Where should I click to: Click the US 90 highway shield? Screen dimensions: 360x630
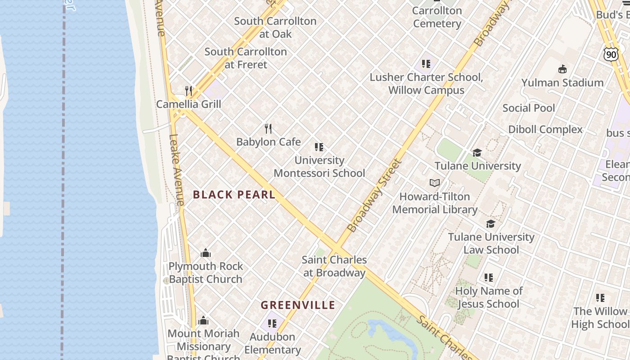click(611, 55)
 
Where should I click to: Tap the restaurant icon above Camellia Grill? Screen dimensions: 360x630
click(189, 91)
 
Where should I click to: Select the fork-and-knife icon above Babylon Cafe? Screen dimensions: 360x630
click(269, 129)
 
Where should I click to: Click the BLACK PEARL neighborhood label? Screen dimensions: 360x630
click(234, 195)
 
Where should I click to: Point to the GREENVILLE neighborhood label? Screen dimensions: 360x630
click(298, 305)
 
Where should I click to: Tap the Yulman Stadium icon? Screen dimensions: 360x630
click(562, 69)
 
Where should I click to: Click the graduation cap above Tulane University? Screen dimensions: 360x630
click(477, 153)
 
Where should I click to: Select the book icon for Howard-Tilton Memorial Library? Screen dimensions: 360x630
click(434, 183)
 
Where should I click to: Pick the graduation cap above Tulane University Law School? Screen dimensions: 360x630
click(490, 224)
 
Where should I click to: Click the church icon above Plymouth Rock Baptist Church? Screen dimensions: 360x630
click(206, 253)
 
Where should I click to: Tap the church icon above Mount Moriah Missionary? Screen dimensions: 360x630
click(203, 320)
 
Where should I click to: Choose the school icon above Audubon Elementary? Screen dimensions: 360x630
click(272, 323)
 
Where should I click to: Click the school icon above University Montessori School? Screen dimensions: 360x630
click(319, 147)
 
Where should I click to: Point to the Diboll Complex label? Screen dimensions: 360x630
click(545, 130)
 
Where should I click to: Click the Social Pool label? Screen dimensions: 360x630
click(529, 108)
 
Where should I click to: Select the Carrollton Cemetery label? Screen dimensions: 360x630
click(437, 17)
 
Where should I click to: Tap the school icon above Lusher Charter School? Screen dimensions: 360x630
click(426, 64)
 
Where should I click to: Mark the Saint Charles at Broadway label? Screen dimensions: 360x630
click(334, 266)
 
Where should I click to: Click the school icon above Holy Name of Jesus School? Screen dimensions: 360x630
click(489, 278)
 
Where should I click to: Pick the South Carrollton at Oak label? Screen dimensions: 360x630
click(275, 27)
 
